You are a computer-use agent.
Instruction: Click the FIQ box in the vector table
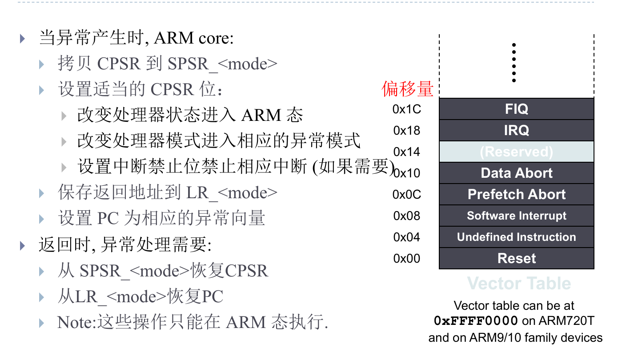[x=516, y=109]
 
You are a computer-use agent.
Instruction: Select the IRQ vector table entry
[x=516, y=130]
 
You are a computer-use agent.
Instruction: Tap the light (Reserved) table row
[x=516, y=152]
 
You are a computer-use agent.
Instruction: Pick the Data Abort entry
[x=516, y=173]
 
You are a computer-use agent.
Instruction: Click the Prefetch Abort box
[x=516, y=194]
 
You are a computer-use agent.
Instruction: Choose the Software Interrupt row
[x=516, y=216]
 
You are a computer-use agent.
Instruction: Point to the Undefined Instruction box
[x=516, y=237]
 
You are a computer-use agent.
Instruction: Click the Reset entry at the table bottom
[x=516, y=258]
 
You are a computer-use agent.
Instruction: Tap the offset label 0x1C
[x=407, y=109]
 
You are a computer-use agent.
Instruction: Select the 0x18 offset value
[x=407, y=131]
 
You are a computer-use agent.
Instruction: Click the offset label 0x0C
[x=407, y=195]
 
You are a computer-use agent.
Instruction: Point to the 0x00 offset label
[x=407, y=259]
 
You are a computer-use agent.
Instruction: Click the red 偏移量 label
[x=407, y=89]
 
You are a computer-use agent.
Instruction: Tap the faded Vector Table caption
[x=519, y=283]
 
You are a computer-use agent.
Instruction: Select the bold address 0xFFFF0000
[x=476, y=321]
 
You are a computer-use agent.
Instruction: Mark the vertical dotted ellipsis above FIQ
[x=514, y=63]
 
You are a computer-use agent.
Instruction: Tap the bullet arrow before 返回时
[x=23, y=245]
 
